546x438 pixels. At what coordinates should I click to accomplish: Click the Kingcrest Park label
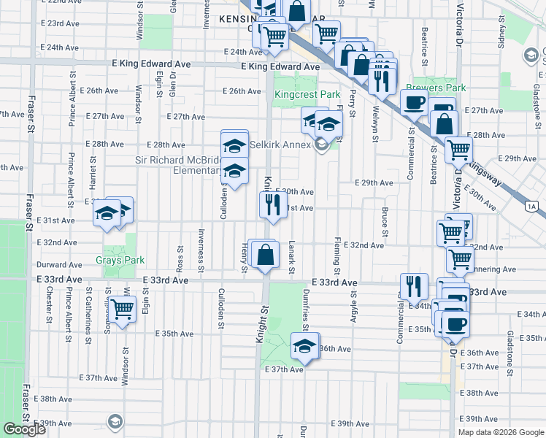tap(307, 95)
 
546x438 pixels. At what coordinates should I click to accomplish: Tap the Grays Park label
tap(120, 260)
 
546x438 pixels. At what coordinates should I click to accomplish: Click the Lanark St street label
tap(291, 258)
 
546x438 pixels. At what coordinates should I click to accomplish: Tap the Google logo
tap(24, 429)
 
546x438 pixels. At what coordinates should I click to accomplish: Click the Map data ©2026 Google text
tap(501, 432)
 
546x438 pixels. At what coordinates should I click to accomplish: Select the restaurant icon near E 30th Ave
tap(272, 205)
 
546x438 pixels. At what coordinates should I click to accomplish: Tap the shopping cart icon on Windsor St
tap(122, 310)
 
